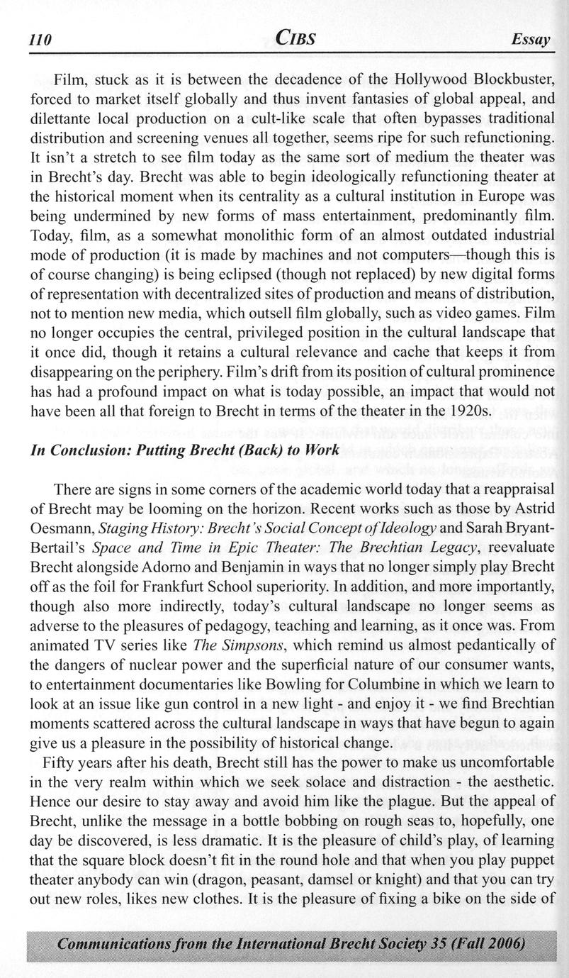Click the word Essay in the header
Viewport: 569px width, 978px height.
(x=531, y=41)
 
